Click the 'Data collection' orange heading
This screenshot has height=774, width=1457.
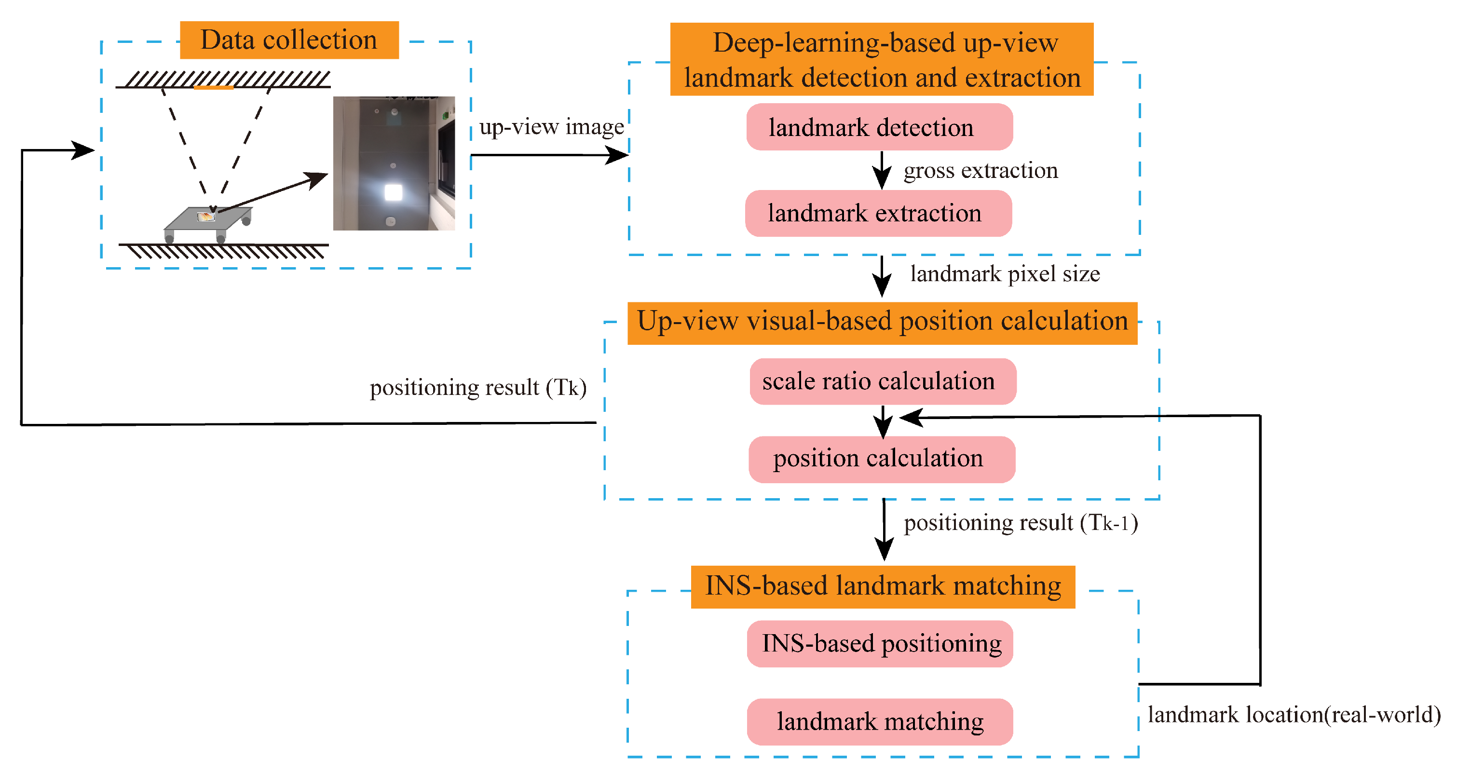point(289,40)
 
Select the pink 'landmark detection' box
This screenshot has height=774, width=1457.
point(879,127)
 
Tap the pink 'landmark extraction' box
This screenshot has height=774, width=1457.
point(878,213)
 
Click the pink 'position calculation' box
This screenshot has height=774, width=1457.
point(881,459)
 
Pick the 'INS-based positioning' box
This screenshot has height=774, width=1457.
point(880,643)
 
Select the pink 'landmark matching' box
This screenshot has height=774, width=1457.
point(880,721)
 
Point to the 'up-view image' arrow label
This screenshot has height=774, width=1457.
point(551,127)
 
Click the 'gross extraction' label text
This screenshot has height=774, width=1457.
point(980,170)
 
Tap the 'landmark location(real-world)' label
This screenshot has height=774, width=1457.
point(1294,715)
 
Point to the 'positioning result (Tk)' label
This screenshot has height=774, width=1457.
point(478,388)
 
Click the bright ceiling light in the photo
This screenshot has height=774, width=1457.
point(393,192)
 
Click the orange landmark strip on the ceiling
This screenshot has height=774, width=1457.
point(213,88)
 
